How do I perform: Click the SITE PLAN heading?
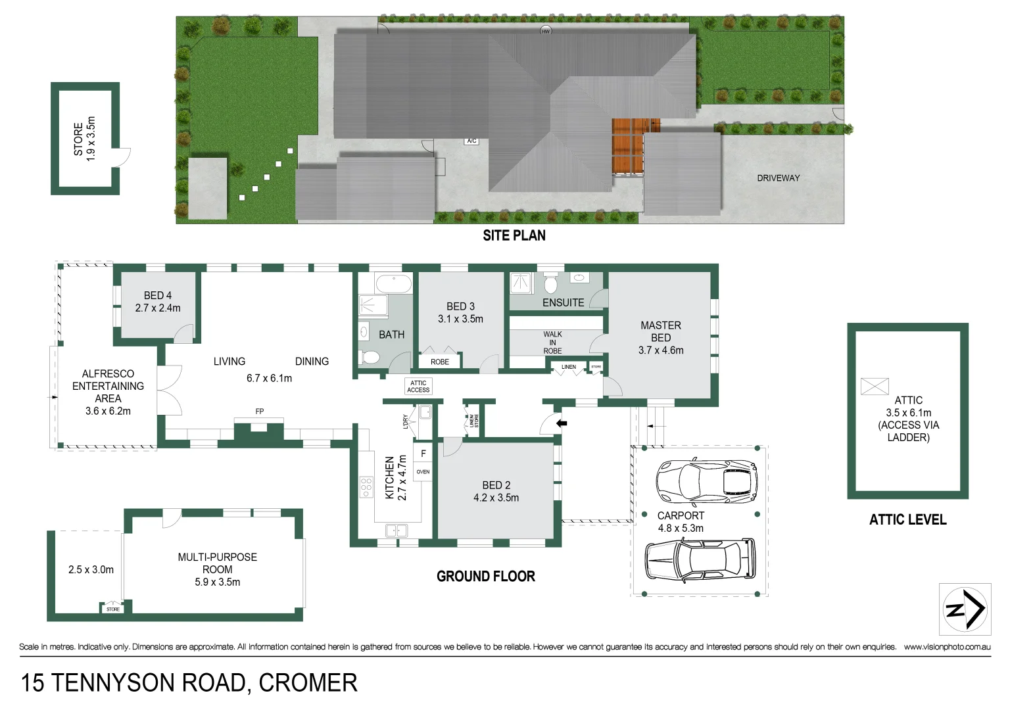tap(514, 235)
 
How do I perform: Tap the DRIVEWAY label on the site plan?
tap(778, 178)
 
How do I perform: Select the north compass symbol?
tap(965, 609)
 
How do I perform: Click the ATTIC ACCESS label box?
tap(418, 387)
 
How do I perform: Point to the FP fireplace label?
tap(260, 412)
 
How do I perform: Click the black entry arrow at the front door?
tap(562, 423)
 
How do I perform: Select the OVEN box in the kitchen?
tap(423, 472)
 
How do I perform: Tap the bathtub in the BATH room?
tap(393, 284)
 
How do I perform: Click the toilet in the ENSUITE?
tap(551, 284)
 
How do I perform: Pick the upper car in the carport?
tap(706, 479)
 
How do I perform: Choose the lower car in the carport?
tap(700, 559)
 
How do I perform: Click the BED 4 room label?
tap(158, 296)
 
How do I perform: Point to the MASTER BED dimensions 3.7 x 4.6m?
tap(661, 350)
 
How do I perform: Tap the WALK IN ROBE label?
tap(552, 343)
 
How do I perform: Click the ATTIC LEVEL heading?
tap(907, 520)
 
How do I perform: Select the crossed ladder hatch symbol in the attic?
tap(875, 387)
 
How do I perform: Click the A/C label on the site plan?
tap(471, 141)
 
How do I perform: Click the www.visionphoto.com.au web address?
tap(947, 647)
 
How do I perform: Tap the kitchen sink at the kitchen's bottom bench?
tap(396, 530)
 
